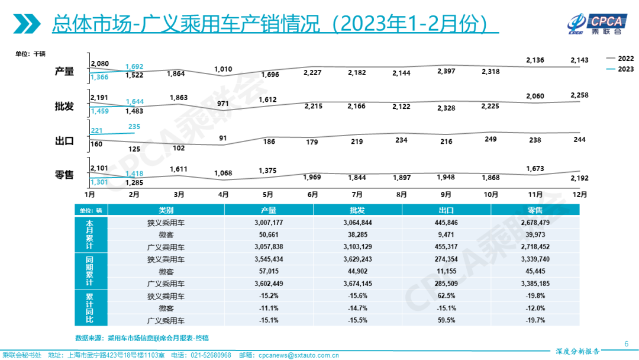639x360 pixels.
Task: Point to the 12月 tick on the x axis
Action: coord(580,194)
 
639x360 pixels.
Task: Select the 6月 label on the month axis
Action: coord(312,194)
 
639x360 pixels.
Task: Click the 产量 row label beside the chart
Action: coord(64,71)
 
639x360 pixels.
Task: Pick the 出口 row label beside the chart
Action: coord(64,141)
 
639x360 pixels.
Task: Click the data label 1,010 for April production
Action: coord(222,69)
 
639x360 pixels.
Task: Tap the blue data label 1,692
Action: coord(134,67)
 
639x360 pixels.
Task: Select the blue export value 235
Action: coord(134,126)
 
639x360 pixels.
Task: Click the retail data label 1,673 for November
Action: coord(535,169)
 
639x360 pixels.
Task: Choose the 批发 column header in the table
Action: coord(357,210)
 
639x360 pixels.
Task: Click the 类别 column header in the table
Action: coord(166,210)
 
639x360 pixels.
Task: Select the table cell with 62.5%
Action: coord(446,296)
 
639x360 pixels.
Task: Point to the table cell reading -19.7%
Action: coord(535,320)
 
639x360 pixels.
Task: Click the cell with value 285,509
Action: coord(446,284)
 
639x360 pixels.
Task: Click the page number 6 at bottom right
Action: coord(627,343)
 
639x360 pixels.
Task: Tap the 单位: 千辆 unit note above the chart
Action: coord(31,54)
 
